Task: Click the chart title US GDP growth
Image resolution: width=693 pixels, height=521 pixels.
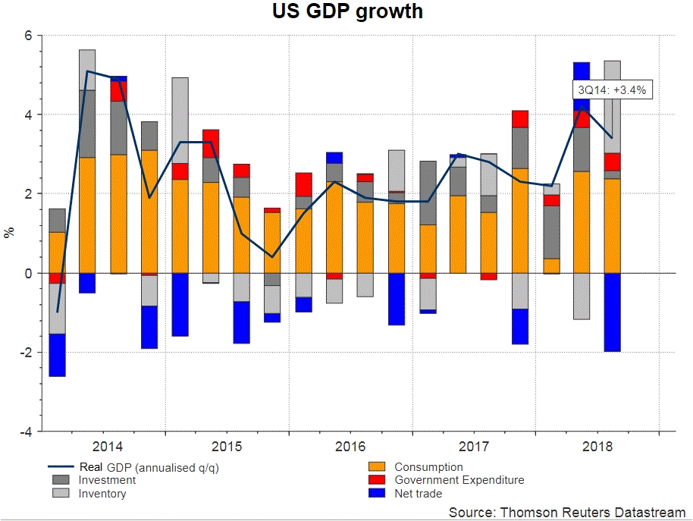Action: click(347, 12)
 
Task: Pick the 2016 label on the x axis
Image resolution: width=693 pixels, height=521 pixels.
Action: click(350, 446)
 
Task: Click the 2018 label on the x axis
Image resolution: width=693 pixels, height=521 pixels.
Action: click(597, 446)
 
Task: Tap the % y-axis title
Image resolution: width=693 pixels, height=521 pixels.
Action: click(10, 233)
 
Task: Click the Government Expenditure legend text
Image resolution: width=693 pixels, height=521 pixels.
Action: click(459, 480)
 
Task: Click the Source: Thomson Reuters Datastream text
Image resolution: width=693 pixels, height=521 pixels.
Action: click(567, 513)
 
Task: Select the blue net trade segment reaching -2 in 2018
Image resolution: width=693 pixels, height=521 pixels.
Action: click(612, 312)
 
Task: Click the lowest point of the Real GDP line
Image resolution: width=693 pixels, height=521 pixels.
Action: click(58, 312)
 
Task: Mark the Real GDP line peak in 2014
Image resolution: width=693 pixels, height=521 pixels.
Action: click(88, 71)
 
